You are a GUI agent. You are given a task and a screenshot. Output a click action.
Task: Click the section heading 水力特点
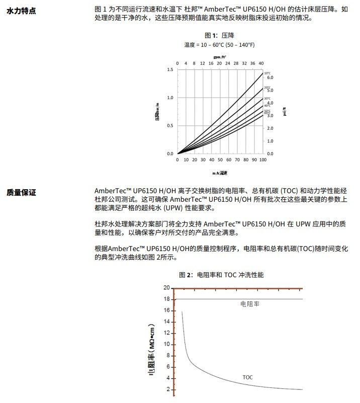(x=21, y=11)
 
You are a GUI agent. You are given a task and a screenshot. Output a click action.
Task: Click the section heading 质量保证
(x=21, y=192)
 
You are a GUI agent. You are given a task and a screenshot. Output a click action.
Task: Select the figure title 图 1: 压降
(x=219, y=36)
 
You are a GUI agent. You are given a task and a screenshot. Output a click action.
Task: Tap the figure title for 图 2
(x=221, y=275)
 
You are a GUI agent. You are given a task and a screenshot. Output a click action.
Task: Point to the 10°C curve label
(x=267, y=73)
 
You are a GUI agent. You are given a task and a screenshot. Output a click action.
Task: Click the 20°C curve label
(x=267, y=88)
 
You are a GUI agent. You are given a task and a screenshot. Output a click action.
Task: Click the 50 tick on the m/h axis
(x=220, y=160)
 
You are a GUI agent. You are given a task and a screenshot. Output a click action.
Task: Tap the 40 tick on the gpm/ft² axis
(x=261, y=63)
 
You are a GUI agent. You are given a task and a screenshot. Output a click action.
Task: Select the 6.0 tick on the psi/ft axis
(x=270, y=78)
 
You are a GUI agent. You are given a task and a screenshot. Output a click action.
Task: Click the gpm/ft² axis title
(x=219, y=57)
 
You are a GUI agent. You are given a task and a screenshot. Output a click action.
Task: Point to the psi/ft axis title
(x=285, y=112)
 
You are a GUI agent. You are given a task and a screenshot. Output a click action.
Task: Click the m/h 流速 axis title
(x=219, y=173)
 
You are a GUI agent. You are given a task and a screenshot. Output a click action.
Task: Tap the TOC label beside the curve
(x=248, y=377)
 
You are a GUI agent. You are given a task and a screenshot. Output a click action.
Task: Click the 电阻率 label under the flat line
(x=250, y=304)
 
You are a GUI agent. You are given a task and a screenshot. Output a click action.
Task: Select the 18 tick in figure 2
(x=167, y=299)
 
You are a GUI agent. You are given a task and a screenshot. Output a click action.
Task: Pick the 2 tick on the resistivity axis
(x=168, y=389)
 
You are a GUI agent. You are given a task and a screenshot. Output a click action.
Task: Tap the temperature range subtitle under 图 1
(x=219, y=45)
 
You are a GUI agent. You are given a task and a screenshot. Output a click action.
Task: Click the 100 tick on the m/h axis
(x=262, y=160)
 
